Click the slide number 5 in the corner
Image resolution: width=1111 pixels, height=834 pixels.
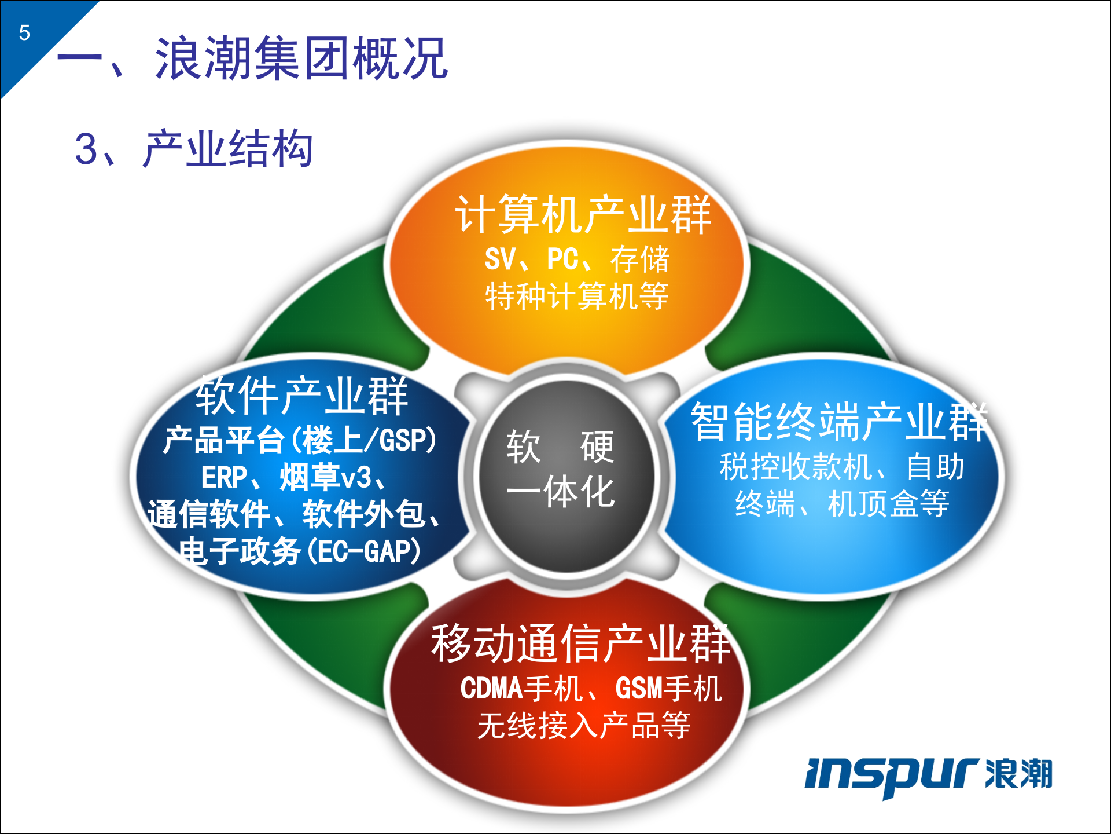24,33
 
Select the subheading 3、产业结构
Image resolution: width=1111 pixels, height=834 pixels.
194,149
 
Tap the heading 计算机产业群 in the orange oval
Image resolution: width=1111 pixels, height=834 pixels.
583,215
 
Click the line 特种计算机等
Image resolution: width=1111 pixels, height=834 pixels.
577,297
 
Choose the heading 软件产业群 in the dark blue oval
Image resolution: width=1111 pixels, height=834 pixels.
302,396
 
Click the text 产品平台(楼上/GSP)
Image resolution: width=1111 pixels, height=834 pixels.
300,440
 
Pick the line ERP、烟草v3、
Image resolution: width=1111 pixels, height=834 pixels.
293,478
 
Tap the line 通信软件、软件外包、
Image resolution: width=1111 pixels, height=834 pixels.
294,514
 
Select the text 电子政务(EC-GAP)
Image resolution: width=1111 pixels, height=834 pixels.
300,551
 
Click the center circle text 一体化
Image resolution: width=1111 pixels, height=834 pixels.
560,492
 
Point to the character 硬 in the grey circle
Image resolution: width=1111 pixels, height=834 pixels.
597,447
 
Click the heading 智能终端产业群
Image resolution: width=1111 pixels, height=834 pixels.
839,422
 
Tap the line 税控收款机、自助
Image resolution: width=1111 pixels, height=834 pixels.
842,467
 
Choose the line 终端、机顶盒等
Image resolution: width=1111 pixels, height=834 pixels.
842,503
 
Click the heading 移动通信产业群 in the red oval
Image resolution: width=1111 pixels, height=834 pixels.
580,643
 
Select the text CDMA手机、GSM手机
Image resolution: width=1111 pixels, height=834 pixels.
591,689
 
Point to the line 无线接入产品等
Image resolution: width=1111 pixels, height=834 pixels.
584,725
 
